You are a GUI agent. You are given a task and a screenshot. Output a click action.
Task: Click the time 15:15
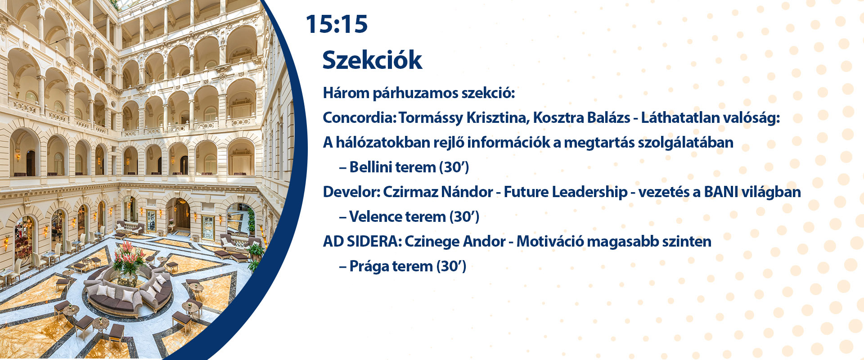pos(337,24)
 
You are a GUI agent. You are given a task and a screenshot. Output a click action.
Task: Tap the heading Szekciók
pos(372,60)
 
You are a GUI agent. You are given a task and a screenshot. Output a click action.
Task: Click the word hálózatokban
pos(383,143)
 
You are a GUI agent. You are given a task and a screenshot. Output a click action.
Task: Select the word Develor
pos(351,192)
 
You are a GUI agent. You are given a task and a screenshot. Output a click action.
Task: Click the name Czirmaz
pos(410,192)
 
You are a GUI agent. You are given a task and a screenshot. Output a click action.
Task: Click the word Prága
pos(369,267)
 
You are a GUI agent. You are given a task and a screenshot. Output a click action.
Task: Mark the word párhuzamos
pos(411,94)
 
